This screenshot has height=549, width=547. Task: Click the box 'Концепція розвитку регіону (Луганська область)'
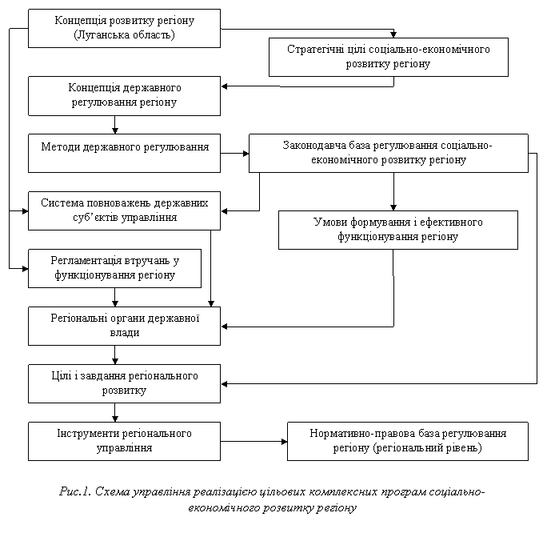coord(124,28)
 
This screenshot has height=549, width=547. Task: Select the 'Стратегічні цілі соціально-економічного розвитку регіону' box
coord(389,57)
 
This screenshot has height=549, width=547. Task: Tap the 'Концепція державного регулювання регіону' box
coord(124,96)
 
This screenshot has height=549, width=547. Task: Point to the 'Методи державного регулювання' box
coord(124,153)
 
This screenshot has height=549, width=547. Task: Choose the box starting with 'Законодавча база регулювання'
coord(389,153)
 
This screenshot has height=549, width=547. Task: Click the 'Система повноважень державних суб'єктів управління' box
coord(124,210)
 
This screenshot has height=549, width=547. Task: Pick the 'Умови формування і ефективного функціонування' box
coord(398,230)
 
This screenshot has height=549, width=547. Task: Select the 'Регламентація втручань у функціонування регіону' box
coord(115,269)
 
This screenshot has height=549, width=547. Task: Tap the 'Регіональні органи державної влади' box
coord(124,326)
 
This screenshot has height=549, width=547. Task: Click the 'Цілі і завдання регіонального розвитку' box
coord(124,384)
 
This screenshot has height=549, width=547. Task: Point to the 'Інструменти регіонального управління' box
coord(124,441)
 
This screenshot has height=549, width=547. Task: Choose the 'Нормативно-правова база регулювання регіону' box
coord(408,441)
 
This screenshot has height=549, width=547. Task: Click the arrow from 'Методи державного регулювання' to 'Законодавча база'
coord(235,154)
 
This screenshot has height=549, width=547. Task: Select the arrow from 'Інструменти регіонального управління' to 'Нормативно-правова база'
coord(254,442)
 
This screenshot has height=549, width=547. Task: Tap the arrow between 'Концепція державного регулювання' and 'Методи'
coord(115,125)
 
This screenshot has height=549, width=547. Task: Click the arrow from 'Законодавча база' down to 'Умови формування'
coord(393,191)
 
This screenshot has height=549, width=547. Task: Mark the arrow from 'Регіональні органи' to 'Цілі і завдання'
coord(115,355)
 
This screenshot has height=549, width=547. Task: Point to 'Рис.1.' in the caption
coord(75,491)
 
